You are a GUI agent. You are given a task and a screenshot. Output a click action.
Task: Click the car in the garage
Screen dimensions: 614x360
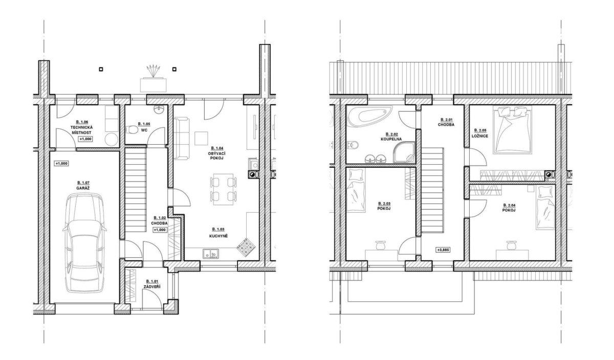(84, 243)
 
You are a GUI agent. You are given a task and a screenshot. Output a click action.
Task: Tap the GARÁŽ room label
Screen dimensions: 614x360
(83, 188)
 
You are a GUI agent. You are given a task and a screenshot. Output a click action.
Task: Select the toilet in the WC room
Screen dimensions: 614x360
(133, 129)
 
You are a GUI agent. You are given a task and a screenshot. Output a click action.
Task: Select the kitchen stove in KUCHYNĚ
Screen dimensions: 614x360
(246, 247)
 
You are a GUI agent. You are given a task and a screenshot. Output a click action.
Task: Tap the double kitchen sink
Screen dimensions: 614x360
(211, 254)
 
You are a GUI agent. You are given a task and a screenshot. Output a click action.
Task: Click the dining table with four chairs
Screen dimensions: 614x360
(224, 189)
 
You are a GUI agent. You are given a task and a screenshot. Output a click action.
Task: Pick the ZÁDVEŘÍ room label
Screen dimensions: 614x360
(152, 286)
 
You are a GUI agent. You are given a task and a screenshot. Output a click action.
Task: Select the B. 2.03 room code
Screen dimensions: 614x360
(384, 204)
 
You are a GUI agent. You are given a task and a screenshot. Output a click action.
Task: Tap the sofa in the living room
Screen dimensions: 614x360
(182, 139)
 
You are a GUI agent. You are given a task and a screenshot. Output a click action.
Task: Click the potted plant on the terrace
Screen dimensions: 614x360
(153, 79)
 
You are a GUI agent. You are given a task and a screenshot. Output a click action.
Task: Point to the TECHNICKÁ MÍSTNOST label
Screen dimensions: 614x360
(81, 130)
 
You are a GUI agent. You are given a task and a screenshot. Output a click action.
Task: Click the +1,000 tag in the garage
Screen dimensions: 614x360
(61, 164)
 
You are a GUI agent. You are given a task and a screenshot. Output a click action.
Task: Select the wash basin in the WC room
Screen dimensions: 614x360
(159, 109)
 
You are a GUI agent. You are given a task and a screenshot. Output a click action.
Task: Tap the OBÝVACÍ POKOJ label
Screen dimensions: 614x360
(216, 156)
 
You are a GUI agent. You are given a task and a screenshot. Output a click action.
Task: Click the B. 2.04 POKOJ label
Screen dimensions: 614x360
(509, 208)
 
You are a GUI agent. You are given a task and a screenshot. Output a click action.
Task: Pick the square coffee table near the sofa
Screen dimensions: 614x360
(201, 139)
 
